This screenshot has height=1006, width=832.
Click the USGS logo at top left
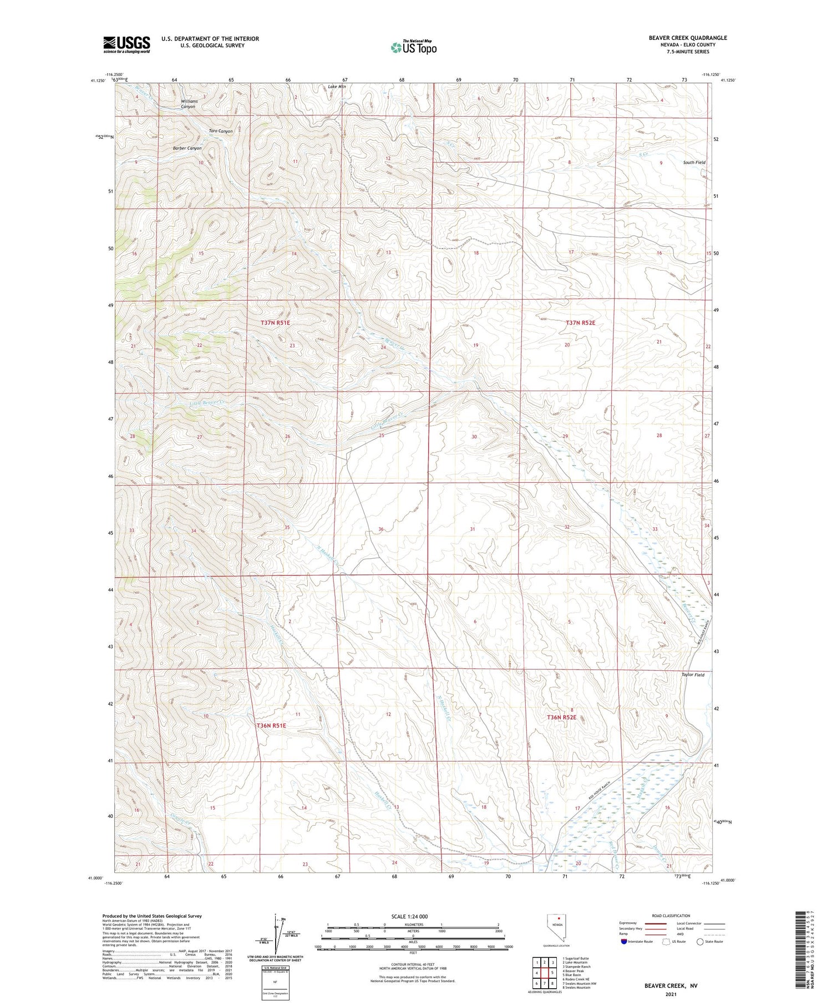coord(126,44)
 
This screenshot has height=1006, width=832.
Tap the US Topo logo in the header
coord(413,47)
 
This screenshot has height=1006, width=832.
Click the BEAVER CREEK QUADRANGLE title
coord(688,38)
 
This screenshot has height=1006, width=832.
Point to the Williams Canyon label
coord(189,104)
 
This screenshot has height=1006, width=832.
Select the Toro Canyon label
coord(220,131)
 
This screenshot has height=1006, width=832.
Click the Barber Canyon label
coord(187,148)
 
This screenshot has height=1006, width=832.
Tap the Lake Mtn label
coord(337,87)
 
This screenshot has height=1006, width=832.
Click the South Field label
coord(694,163)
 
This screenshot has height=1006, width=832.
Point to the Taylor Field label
coord(693,675)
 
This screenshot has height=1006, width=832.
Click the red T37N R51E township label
coord(276,322)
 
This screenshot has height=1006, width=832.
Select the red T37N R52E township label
coord(580,322)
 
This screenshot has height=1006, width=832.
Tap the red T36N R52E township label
coord(562,717)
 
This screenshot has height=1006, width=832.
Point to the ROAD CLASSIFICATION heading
coord(671,916)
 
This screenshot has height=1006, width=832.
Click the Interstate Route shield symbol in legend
coord(624,942)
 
